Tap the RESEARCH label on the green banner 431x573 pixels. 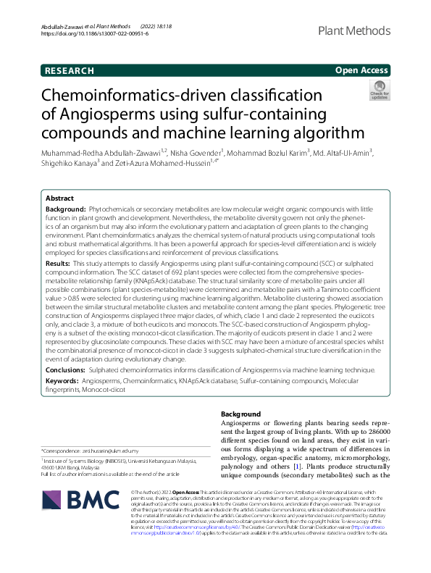69,71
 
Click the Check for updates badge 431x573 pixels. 380,91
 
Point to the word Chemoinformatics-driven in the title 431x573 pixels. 122,97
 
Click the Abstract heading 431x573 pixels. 59,198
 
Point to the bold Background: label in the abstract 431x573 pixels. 66,209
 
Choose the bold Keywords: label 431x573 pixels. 62,380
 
